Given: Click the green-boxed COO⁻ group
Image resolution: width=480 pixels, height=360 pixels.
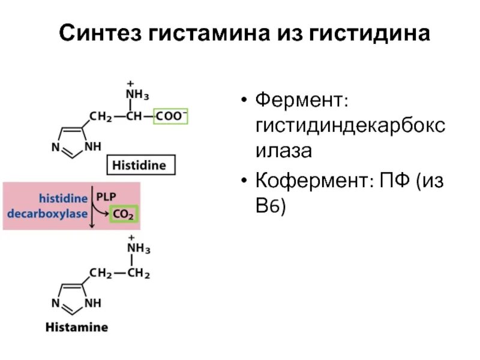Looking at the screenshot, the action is click(171, 116).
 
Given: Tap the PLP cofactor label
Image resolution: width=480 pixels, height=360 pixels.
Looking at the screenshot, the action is click(106, 196).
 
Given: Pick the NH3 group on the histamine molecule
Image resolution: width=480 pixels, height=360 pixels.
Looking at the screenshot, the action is click(137, 249).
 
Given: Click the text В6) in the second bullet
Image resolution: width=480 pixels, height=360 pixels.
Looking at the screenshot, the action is click(272, 207).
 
